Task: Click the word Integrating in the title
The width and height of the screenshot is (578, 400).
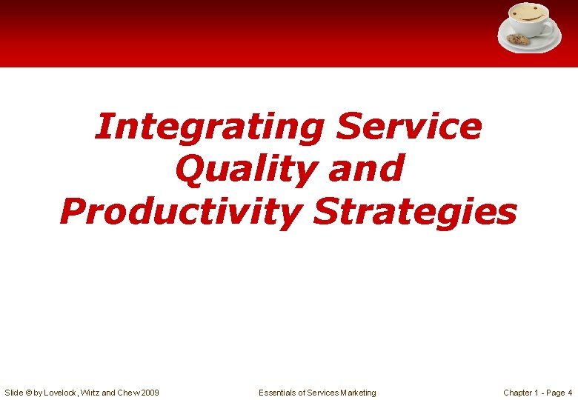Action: point(209,127)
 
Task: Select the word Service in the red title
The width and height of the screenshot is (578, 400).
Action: point(408,127)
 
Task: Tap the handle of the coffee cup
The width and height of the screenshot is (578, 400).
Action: point(550,29)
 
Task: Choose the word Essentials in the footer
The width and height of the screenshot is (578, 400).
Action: point(277,393)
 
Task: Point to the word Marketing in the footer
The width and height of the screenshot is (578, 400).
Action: point(358,393)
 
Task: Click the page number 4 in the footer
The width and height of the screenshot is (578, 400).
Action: point(570,393)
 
